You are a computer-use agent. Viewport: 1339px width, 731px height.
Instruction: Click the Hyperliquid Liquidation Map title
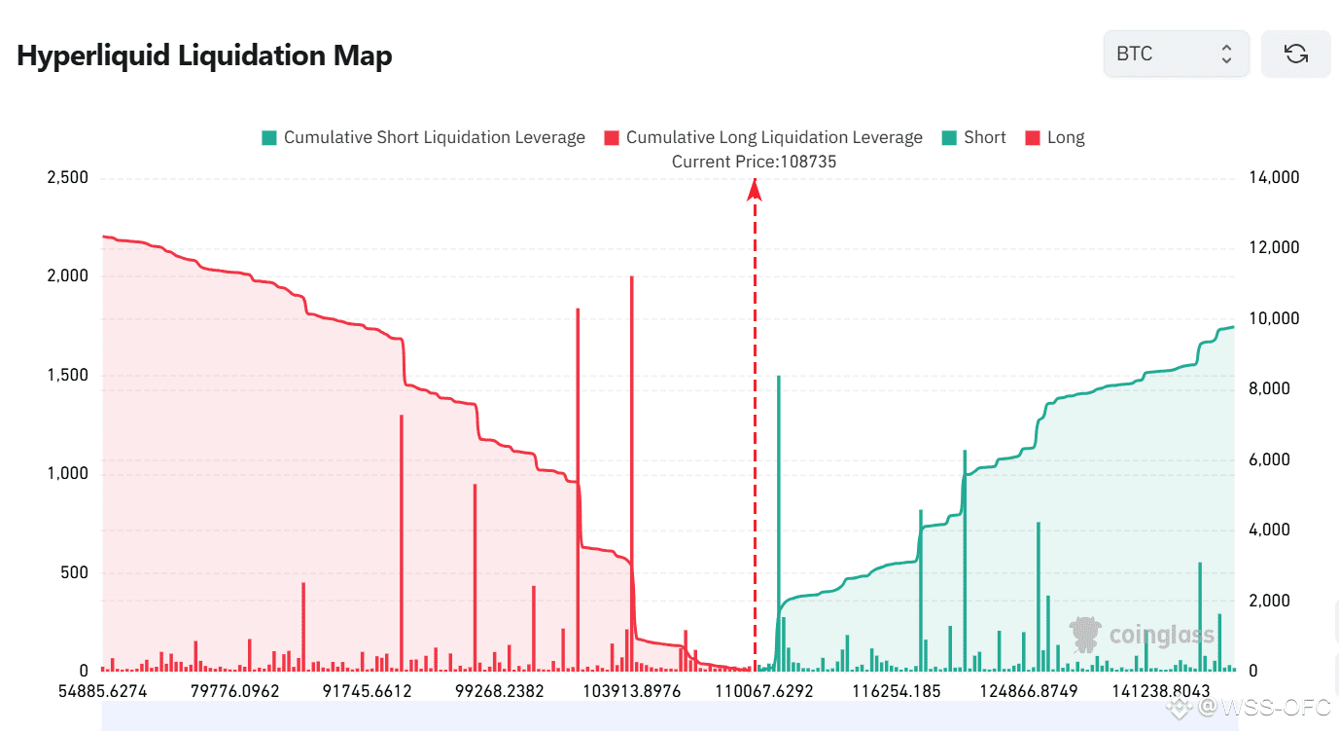coord(204,55)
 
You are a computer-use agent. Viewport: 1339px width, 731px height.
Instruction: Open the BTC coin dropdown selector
coord(1175,54)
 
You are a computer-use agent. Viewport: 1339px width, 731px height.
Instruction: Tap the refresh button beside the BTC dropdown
coord(1295,54)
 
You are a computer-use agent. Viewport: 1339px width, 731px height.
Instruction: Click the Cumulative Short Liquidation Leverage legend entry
coord(423,137)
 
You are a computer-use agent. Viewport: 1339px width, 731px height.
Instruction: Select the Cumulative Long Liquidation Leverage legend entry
coord(763,137)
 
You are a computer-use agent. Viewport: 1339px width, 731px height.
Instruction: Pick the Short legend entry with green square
coord(973,137)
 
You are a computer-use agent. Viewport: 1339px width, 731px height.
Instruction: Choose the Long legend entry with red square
coord(1055,137)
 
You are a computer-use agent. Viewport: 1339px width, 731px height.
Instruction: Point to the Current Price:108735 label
coord(754,162)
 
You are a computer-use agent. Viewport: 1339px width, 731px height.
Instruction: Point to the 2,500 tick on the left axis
coord(67,178)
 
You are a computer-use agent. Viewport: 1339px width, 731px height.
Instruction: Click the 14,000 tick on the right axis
coord(1272,178)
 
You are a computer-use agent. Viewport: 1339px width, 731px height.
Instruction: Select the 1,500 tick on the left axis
coord(67,376)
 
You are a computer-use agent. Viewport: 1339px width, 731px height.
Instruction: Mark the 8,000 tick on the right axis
coord(1268,389)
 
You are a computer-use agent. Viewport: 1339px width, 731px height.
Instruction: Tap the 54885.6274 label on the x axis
coord(102,692)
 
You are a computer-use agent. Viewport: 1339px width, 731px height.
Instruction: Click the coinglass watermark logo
coord(1143,636)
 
